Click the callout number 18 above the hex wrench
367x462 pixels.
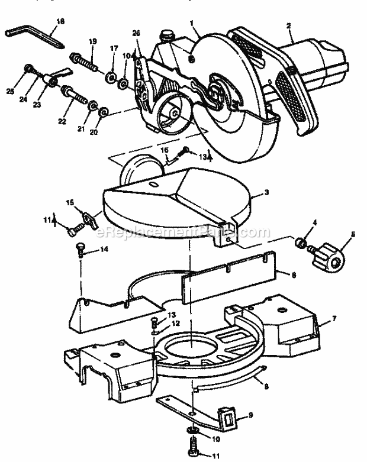(59, 21)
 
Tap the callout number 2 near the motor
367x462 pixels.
(288, 25)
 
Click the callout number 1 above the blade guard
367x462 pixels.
(192, 22)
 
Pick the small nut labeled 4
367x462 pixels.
(301, 243)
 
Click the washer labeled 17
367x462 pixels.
(110, 77)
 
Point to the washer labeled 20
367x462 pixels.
(104, 111)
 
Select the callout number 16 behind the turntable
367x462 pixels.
(165, 151)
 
